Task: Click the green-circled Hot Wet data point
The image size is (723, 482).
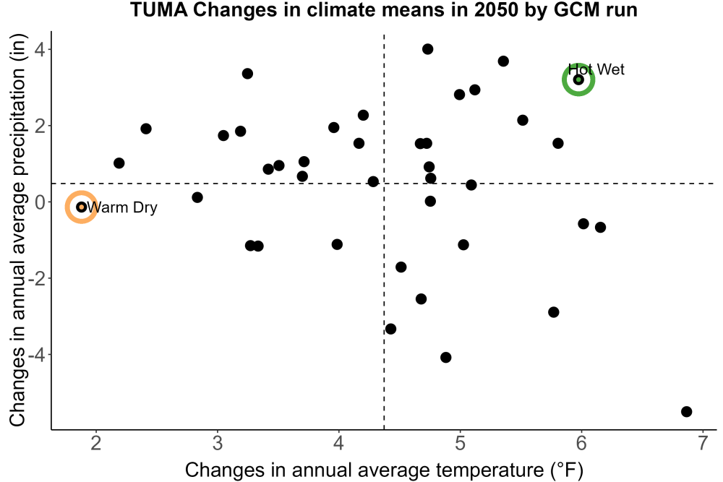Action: tap(578, 79)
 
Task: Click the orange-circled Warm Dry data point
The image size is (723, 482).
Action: tap(81, 207)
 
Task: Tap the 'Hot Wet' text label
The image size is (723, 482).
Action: tap(596, 69)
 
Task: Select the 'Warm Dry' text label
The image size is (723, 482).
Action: tap(122, 207)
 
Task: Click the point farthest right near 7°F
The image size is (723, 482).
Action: tap(687, 411)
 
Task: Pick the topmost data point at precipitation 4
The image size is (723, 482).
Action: tap(427, 49)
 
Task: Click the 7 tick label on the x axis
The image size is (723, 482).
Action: tap(703, 443)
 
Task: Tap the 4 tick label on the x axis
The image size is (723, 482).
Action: tap(339, 443)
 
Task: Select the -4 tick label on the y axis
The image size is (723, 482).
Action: tap(37, 355)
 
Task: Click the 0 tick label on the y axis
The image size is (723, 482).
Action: tap(40, 202)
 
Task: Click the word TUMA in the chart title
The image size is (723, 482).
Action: tap(159, 9)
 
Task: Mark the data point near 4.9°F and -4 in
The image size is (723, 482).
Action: tap(445, 357)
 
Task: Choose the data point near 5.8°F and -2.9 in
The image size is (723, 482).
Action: tap(553, 312)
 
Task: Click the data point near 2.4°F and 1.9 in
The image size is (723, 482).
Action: tap(146, 129)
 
